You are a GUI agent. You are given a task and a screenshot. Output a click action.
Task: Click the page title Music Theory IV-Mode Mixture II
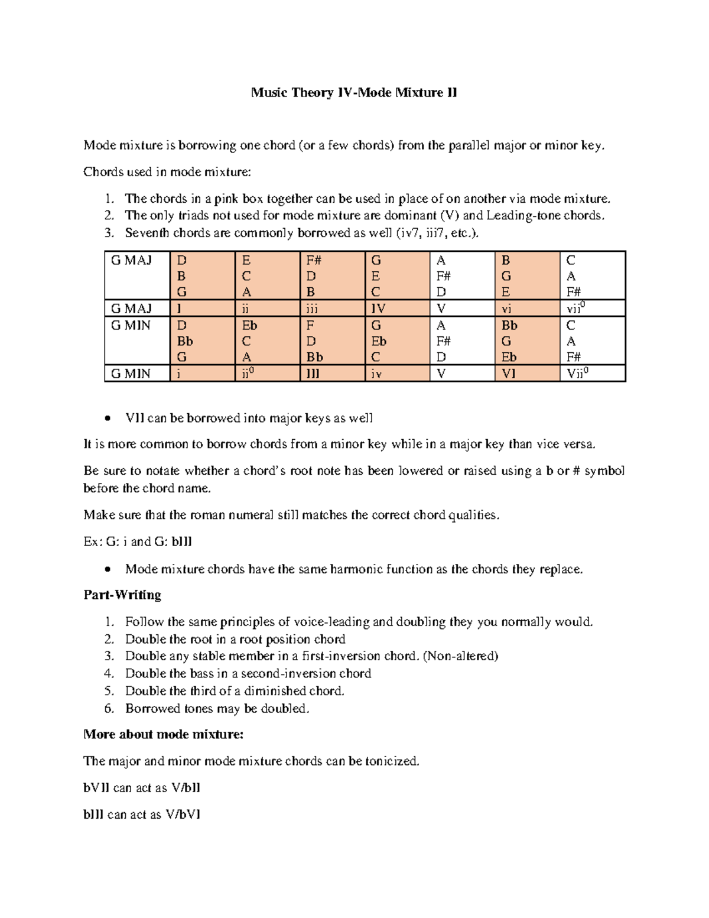click(x=353, y=93)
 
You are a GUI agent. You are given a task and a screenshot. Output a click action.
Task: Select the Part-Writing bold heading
click(x=122, y=595)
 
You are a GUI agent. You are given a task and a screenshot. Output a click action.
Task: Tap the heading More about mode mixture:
click(x=163, y=734)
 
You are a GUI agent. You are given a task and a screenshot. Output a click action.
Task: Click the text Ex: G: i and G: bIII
click(x=138, y=541)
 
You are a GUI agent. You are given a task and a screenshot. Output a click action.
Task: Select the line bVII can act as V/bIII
click(x=142, y=787)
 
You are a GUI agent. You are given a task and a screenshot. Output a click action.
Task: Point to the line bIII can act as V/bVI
click(x=142, y=815)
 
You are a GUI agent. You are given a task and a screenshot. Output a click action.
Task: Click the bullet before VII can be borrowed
click(x=106, y=419)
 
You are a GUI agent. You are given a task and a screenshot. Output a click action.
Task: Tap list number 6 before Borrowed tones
click(x=109, y=708)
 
